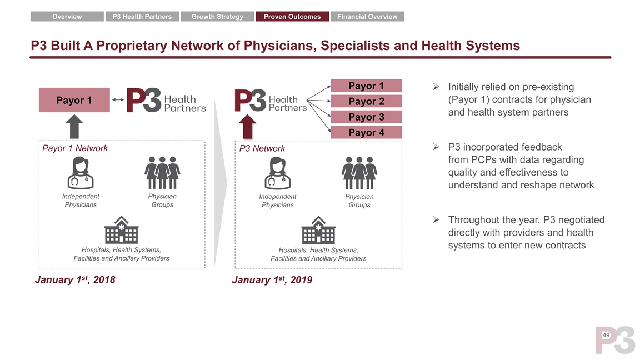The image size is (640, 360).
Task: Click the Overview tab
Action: pyautogui.click(x=67, y=17)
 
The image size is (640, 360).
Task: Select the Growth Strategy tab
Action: pyautogui.click(x=217, y=17)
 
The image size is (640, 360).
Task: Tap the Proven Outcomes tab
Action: pyautogui.click(x=292, y=17)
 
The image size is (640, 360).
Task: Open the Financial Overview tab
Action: pyautogui.click(x=367, y=17)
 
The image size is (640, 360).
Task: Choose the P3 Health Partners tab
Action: pyautogui.click(x=142, y=17)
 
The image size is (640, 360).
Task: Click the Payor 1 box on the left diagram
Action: pyautogui.click(x=74, y=100)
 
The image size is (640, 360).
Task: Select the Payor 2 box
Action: pyautogui.click(x=366, y=101)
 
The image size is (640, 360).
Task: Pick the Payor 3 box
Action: pyautogui.click(x=366, y=117)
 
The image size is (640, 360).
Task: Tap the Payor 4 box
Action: pyautogui.click(x=366, y=132)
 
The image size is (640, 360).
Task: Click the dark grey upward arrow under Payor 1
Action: pyautogui.click(x=74, y=126)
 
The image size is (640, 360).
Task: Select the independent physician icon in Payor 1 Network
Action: pyautogui.click(x=81, y=173)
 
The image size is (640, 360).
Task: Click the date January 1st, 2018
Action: pyautogui.click(x=75, y=279)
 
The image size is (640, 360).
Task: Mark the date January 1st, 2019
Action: pyautogui.click(x=272, y=279)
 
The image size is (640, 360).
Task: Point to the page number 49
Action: pyautogui.click(x=606, y=336)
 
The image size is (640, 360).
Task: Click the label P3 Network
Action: pyautogui.click(x=262, y=148)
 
